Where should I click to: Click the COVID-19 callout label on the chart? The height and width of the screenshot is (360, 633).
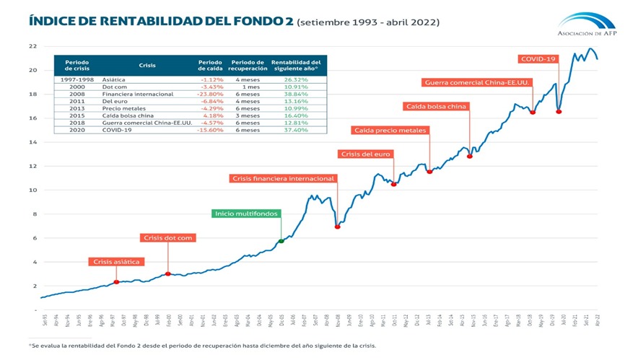click(538, 58)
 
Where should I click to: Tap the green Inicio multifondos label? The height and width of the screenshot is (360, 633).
click(247, 214)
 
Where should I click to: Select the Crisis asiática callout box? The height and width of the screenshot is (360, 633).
click(116, 261)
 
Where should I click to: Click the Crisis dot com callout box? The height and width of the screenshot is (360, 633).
click(167, 237)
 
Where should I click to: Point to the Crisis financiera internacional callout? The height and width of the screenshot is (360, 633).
click(284, 178)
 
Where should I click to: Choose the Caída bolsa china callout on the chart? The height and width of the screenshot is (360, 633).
click(436, 106)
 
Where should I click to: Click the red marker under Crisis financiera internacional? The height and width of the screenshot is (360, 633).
click(337, 227)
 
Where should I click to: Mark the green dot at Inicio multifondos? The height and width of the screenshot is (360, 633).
click(281, 241)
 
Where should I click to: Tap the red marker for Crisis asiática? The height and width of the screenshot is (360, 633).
click(116, 282)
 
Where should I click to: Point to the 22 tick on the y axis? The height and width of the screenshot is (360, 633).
click(32, 46)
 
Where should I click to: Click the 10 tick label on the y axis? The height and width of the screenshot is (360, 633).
click(32, 190)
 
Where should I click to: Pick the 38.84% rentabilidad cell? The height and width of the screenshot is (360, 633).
click(298, 94)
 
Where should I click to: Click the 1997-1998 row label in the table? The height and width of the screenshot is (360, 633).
click(77, 79)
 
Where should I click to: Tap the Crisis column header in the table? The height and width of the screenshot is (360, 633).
click(147, 65)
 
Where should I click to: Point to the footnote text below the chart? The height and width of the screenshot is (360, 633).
click(202, 346)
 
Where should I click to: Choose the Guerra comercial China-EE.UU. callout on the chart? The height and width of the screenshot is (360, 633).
click(476, 82)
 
